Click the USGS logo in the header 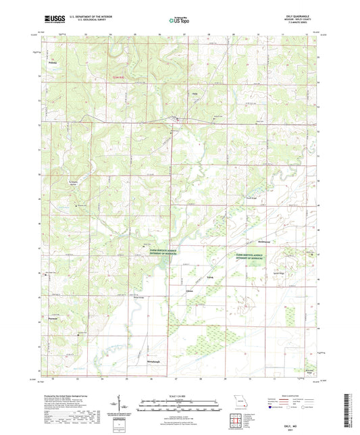point(52,20)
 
